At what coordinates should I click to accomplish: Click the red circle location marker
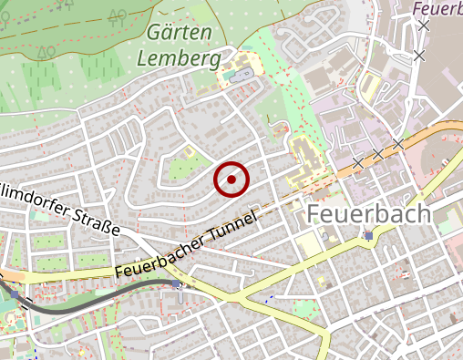(231, 180)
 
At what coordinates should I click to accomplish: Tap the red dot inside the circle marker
(231, 180)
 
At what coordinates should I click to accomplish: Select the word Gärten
(179, 33)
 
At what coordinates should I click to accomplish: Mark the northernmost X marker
(423, 26)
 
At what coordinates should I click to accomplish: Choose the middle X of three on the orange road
(377, 153)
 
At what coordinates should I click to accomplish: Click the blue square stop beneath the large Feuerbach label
(368, 236)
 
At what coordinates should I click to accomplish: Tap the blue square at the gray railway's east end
(177, 284)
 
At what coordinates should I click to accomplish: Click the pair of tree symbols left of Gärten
(102, 16)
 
